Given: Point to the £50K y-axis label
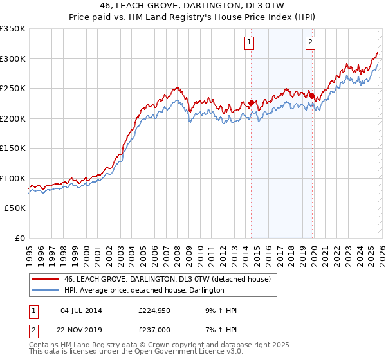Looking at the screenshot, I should pyautogui.click(x=15, y=208).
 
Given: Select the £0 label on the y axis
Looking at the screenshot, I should pyautogui.click(x=20, y=239).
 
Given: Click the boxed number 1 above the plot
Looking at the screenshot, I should pyautogui.click(x=249, y=43).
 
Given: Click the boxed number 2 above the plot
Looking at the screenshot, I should pyautogui.click(x=310, y=43).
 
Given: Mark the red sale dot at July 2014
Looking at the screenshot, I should pyautogui.click(x=252, y=102).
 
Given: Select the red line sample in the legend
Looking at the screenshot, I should pyautogui.click(x=46, y=280).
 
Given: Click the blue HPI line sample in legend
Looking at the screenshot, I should pyautogui.click(x=46, y=291).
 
